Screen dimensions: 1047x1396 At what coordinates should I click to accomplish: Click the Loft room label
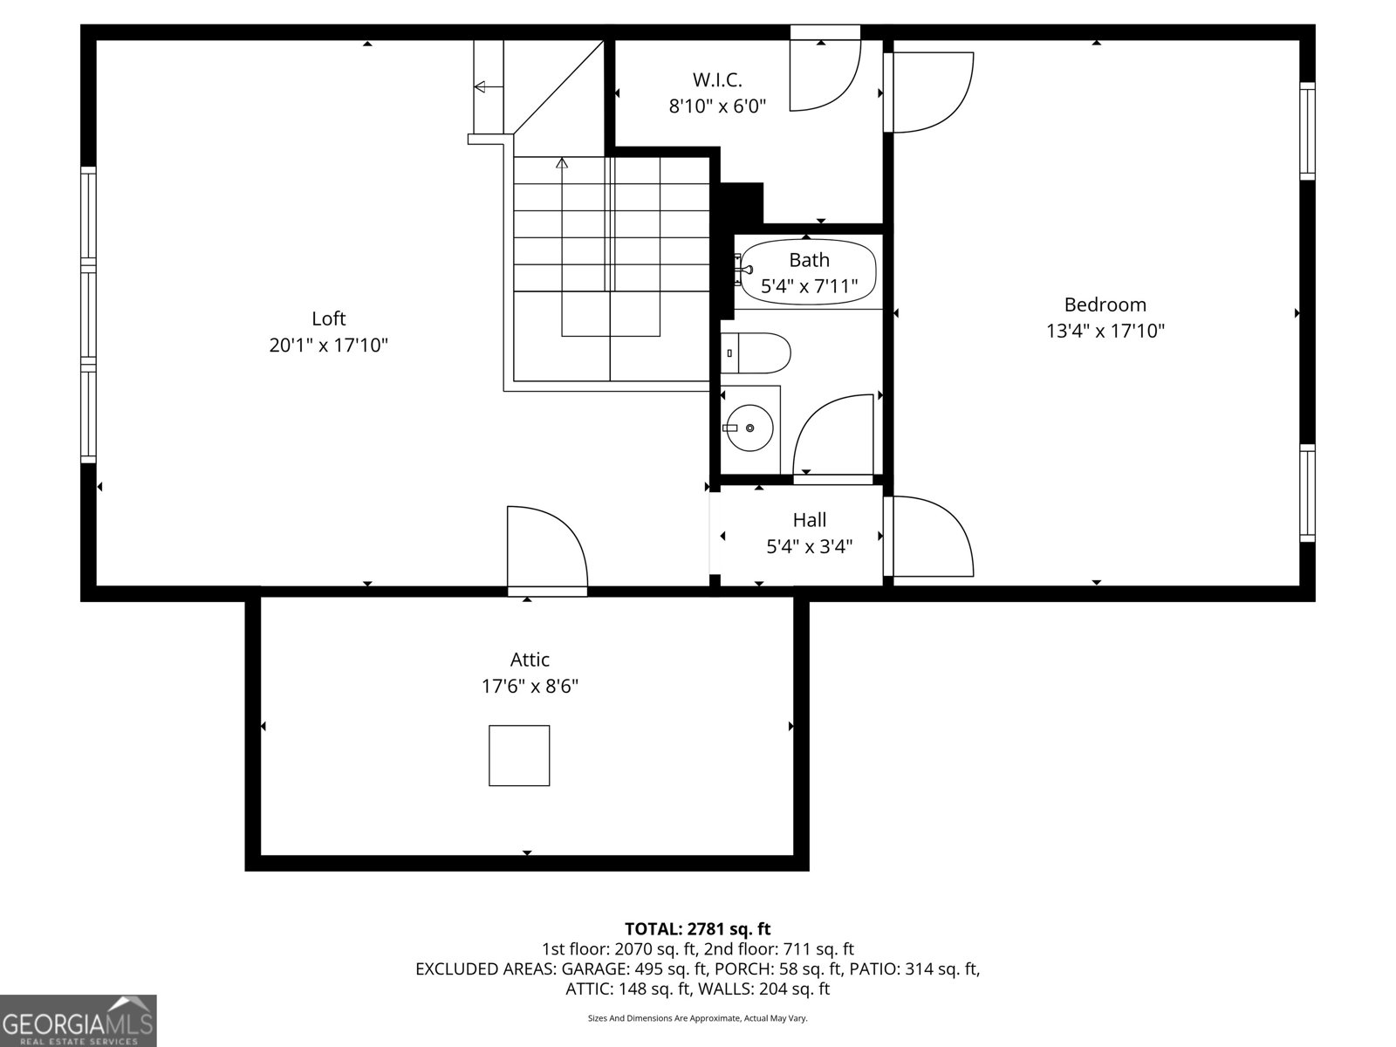click(329, 318)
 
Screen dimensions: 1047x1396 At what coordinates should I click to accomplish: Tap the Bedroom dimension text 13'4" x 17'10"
click(1105, 331)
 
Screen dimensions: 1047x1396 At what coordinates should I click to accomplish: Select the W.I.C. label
click(717, 80)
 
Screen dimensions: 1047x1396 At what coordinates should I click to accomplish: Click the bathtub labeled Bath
click(807, 272)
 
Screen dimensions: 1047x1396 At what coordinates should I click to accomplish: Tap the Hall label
click(809, 520)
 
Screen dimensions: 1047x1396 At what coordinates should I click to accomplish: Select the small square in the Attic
click(519, 756)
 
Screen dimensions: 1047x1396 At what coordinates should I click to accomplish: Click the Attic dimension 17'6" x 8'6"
click(530, 687)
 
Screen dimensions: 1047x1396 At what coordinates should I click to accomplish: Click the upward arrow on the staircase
click(562, 163)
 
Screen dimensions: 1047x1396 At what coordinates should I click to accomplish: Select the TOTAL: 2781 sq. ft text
click(697, 928)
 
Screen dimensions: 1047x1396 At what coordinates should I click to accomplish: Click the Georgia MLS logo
click(78, 1021)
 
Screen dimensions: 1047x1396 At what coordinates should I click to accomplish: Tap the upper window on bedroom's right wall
click(1306, 131)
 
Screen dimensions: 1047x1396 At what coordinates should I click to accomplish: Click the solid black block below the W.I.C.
click(742, 202)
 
